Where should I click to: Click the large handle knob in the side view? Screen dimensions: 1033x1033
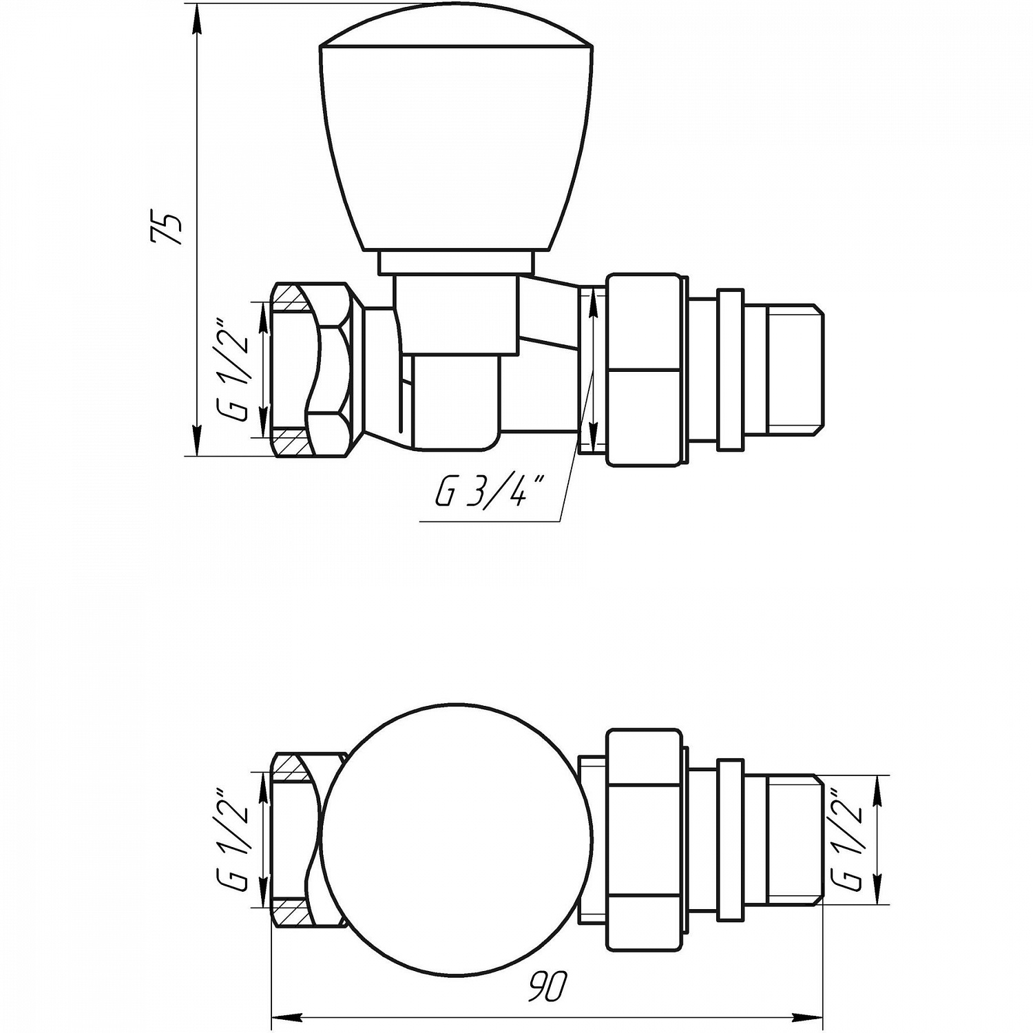coord(457,142)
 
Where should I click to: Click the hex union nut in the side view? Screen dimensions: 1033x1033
coord(646,370)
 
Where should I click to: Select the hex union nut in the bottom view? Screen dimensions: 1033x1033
coord(646,839)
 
